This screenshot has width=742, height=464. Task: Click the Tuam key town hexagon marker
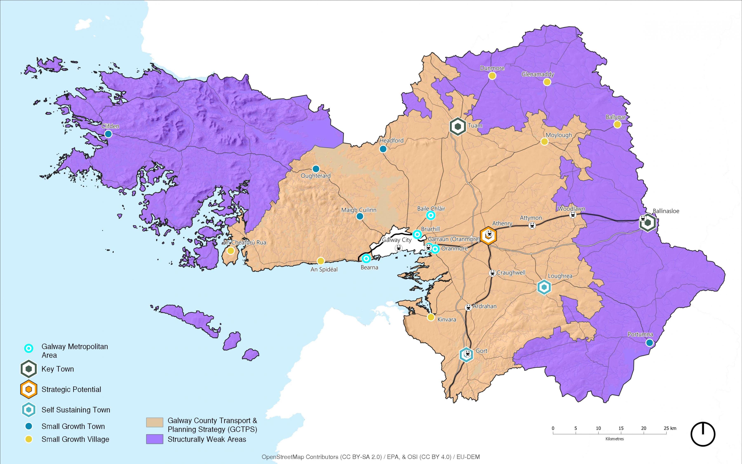[x=458, y=126]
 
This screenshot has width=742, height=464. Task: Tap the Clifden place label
[x=110, y=126]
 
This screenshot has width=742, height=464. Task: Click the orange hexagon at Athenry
[x=488, y=236]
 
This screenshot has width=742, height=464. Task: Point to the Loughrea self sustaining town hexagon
[x=544, y=287]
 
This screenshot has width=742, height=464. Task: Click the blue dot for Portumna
[x=649, y=343]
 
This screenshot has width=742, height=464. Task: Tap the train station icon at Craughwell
[x=492, y=273]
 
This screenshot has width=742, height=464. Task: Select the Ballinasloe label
[x=666, y=211]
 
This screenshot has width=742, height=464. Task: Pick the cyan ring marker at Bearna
[x=366, y=259]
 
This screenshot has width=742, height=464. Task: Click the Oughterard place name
[x=316, y=176]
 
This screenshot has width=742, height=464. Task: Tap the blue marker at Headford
[x=383, y=149]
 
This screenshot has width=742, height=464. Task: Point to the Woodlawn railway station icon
[x=572, y=215]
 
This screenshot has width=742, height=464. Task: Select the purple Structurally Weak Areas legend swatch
[x=155, y=439]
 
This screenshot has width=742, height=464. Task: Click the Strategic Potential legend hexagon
[x=29, y=389]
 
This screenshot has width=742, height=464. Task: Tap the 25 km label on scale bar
[x=670, y=428]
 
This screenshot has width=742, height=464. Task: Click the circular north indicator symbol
[x=703, y=434]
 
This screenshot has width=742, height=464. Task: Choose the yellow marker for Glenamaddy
[x=547, y=82]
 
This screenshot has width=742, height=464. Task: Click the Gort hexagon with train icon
[x=466, y=355]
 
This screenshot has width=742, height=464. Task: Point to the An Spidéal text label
[x=324, y=270]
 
